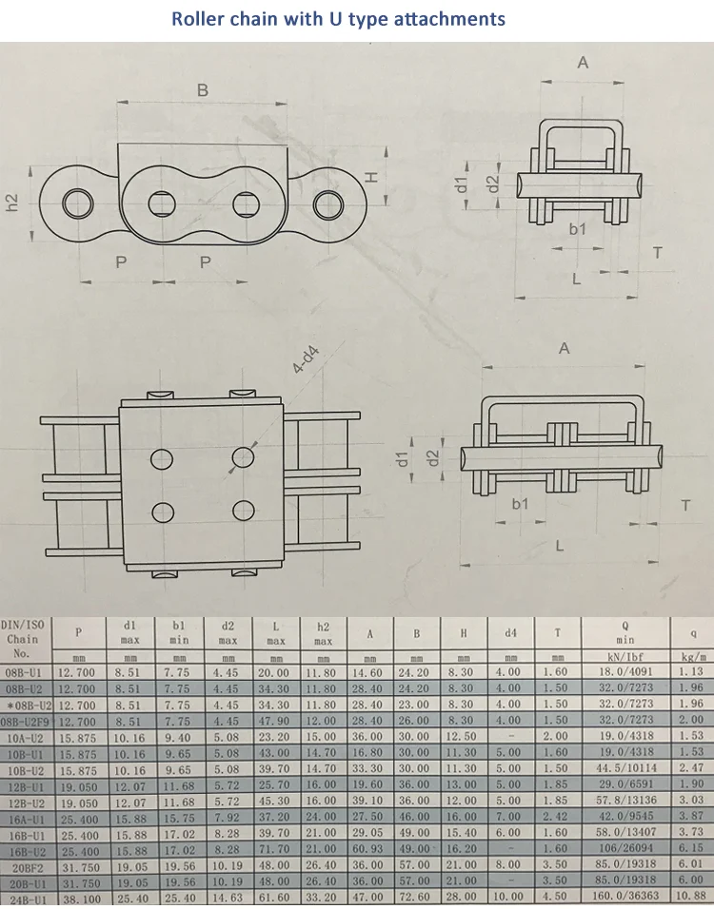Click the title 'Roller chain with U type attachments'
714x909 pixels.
pyautogui.click(x=339, y=18)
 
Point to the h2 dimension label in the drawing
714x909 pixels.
pyautogui.click(x=12, y=202)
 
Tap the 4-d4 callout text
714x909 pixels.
pyautogui.click(x=306, y=362)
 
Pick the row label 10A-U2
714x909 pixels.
pyautogui.click(x=27, y=735)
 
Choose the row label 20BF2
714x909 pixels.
pyautogui.click(x=27, y=864)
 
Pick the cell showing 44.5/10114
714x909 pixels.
pyautogui.click(x=625, y=767)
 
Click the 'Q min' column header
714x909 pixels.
pyautogui.click(x=625, y=632)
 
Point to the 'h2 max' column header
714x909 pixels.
pyautogui.click(x=323, y=632)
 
